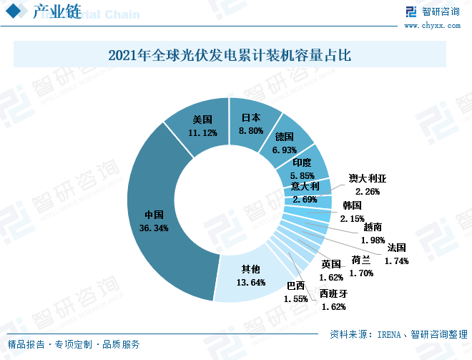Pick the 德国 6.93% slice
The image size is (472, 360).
click(x=286, y=143)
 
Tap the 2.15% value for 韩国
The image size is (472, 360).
click(x=352, y=218)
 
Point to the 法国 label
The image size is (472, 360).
click(x=396, y=248)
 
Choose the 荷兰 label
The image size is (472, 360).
click(x=361, y=260)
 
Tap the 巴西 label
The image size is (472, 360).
click(x=295, y=286)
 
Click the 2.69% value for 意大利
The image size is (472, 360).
click(x=304, y=200)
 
